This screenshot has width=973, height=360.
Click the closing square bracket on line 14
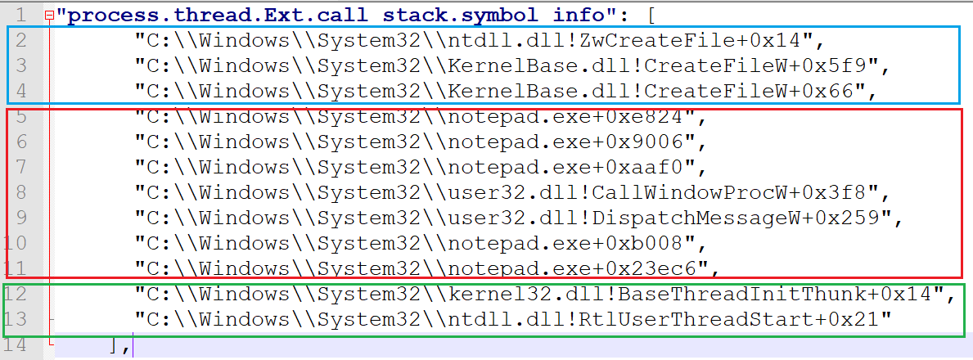(x=114, y=345)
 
